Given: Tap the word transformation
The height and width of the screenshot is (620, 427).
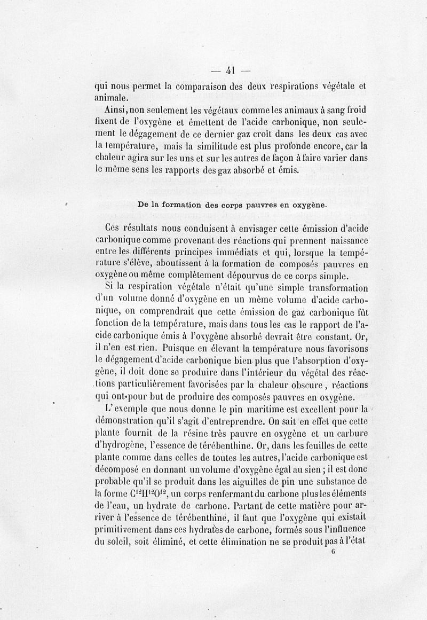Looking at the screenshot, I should click(x=333, y=288).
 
